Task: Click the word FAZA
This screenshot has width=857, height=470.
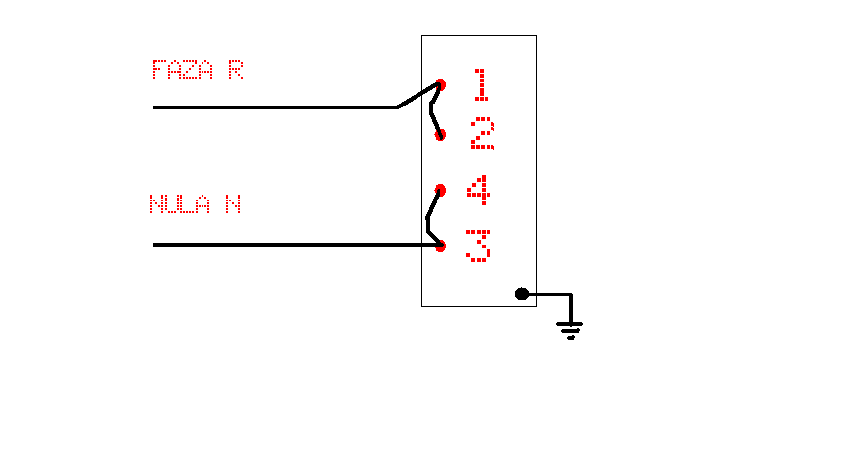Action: [x=182, y=70]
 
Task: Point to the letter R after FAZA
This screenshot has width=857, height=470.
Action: [x=235, y=70]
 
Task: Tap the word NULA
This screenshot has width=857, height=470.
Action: [x=179, y=204]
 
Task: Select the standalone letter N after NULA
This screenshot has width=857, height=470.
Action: [x=232, y=204]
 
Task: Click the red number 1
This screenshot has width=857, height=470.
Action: [x=481, y=84]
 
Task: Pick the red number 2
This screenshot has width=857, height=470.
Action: [x=483, y=134]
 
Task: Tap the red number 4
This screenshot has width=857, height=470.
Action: [x=479, y=189]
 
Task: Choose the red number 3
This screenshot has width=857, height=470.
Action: [x=479, y=245]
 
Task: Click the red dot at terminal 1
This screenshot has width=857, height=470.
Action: [x=440, y=84]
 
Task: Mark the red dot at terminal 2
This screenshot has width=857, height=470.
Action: [x=440, y=135]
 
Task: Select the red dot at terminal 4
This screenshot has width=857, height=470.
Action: [x=440, y=190]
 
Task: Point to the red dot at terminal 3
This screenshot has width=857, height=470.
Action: [x=440, y=246]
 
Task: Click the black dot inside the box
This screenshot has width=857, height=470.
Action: [x=522, y=294]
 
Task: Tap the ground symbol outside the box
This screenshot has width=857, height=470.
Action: [x=570, y=330]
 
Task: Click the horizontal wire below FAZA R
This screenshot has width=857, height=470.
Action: [x=274, y=107]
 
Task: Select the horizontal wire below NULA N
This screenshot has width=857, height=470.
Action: [x=288, y=245]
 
